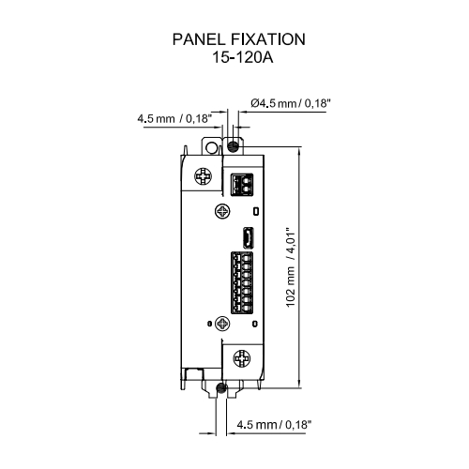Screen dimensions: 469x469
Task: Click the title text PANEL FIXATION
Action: click(x=239, y=39)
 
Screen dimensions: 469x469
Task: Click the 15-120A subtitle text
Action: click(x=243, y=57)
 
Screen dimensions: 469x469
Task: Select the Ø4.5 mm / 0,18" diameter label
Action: click(x=291, y=103)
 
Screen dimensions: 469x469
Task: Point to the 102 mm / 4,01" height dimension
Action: click(x=291, y=267)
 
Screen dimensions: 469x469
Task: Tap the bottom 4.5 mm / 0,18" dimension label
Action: click(x=274, y=425)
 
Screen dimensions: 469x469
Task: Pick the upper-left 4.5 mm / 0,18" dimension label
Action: click(x=174, y=118)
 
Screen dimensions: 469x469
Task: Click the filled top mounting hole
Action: click(x=233, y=146)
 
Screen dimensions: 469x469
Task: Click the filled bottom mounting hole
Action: click(x=220, y=387)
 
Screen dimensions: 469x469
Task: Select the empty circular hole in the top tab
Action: click(x=212, y=147)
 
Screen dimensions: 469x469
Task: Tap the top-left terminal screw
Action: click(x=204, y=176)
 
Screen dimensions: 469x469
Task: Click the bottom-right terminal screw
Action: click(x=242, y=358)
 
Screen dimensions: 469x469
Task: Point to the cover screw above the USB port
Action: click(x=222, y=211)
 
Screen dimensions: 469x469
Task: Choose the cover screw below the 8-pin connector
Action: click(x=222, y=324)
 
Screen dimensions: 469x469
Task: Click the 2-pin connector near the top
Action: click(x=242, y=185)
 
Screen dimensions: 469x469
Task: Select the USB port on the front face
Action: click(x=249, y=237)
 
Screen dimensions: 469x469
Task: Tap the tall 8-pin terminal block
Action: click(x=242, y=282)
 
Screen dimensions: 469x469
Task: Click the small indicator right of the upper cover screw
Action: click(x=256, y=211)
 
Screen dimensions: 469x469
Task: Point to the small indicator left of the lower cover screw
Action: click(x=209, y=324)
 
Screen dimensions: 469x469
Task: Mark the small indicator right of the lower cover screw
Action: click(x=255, y=325)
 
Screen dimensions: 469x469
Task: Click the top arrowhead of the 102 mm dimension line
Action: click(x=299, y=151)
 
